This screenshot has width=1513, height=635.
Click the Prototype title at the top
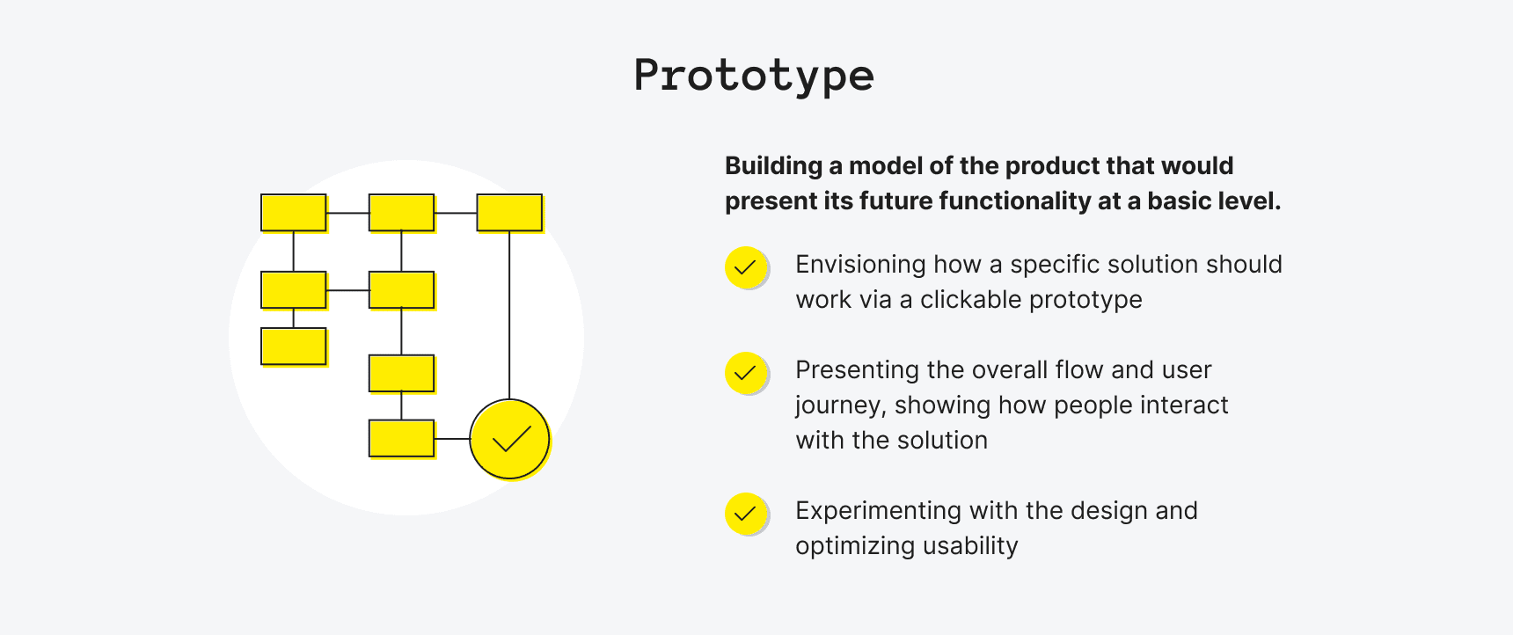point(754,76)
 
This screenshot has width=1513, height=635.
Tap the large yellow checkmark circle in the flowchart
point(509,439)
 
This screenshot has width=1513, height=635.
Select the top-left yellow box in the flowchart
point(294,213)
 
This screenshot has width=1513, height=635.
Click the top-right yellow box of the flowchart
point(509,213)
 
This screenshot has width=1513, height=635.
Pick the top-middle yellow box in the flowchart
point(401,213)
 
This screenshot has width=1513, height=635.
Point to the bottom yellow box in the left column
point(294,347)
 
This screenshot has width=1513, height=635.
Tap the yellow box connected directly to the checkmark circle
point(401,439)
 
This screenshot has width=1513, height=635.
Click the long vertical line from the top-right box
point(509,317)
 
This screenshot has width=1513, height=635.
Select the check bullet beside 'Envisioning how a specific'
point(745,267)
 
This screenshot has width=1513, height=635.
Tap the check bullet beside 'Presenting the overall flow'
point(745,373)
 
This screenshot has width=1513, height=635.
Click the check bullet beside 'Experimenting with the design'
point(745,514)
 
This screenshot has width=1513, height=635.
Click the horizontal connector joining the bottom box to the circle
point(452,439)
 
